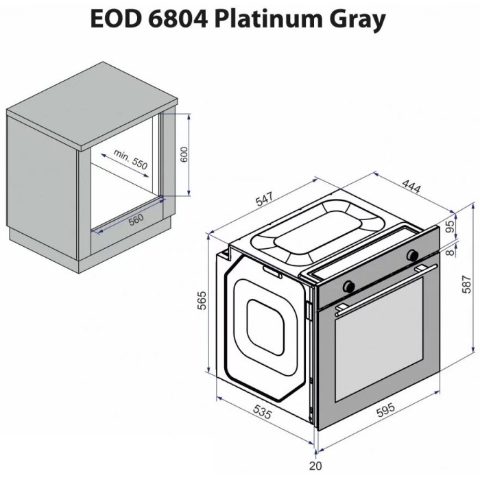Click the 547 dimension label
(264, 200)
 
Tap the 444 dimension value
(411, 187)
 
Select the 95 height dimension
(450, 226)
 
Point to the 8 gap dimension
(450, 252)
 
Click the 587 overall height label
(466, 285)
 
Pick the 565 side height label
(202, 300)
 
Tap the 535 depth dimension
(262, 411)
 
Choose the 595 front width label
(385, 410)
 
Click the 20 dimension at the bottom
(315, 466)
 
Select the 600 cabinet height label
(184, 154)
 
